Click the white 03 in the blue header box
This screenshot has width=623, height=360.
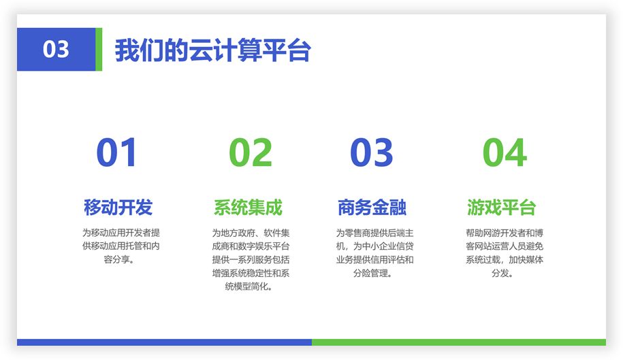point(56,49)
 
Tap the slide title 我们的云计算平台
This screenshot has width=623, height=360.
point(212,50)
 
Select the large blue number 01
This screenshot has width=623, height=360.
point(117,152)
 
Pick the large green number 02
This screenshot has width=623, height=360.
point(251,152)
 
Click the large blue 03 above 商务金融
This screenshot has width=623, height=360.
point(372,152)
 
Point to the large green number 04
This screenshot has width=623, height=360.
point(505,152)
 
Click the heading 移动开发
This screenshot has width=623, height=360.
point(118,207)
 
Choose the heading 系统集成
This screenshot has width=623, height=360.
point(248,207)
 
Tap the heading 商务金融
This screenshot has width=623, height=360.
point(372,207)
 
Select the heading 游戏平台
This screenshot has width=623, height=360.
point(501,207)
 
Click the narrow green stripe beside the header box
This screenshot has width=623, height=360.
point(99,49)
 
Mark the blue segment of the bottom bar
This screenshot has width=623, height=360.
point(164,342)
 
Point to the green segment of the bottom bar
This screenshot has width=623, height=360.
point(459,342)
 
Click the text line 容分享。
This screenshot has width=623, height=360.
point(118,259)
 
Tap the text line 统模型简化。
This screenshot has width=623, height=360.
point(249,287)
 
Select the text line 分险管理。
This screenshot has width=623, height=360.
point(372,273)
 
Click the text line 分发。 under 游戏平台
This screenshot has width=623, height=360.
point(502,273)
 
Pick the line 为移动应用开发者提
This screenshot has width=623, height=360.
point(121,233)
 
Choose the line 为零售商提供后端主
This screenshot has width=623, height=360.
point(374,233)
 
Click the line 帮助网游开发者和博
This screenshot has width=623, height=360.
point(505,233)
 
